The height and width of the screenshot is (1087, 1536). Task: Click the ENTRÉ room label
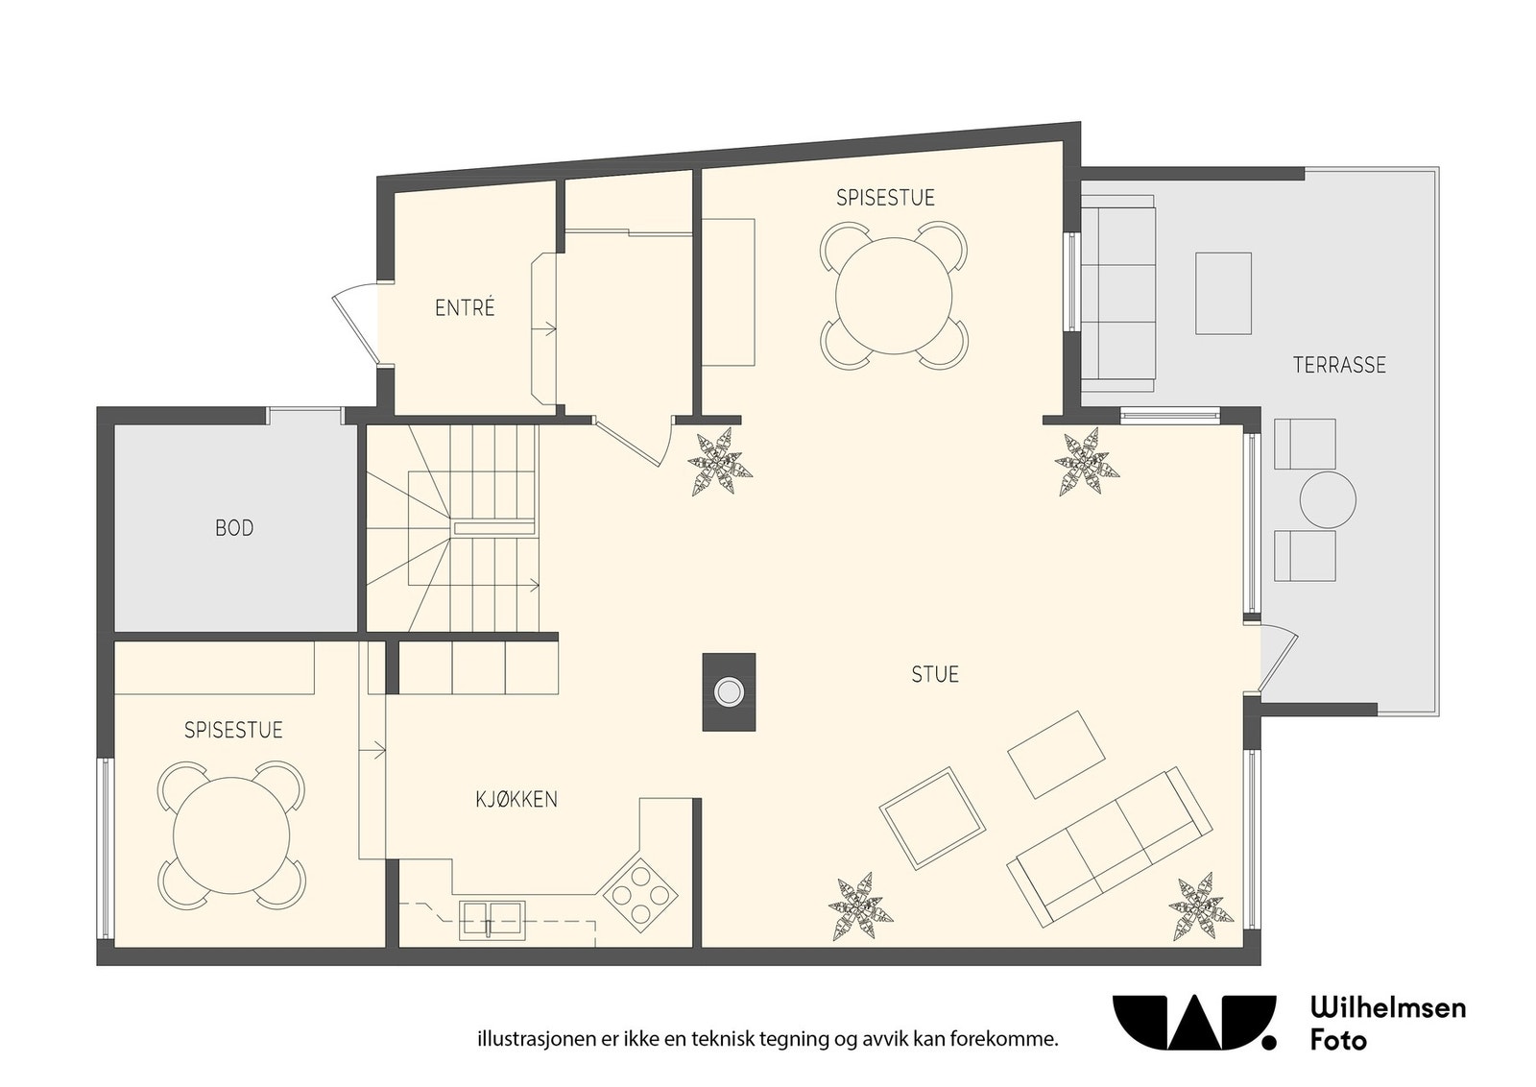(x=465, y=308)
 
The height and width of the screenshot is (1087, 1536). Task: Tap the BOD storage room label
(x=234, y=528)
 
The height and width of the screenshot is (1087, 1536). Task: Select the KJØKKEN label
(x=516, y=799)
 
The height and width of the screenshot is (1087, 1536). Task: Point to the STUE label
(x=935, y=675)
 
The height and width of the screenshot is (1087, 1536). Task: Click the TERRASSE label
(x=1339, y=365)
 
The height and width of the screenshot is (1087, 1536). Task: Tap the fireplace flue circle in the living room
(x=729, y=692)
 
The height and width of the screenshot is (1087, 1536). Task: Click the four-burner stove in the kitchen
(x=640, y=894)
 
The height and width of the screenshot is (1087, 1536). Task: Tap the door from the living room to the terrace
(x=1278, y=658)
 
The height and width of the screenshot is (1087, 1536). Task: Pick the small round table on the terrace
(x=1328, y=499)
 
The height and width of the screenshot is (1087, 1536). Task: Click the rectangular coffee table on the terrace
(x=1223, y=294)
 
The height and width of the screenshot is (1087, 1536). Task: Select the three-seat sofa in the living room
(x=1110, y=847)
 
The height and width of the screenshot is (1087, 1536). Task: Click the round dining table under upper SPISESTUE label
(x=894, y=296)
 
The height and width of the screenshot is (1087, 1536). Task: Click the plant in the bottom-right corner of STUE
(x=1201, y=906)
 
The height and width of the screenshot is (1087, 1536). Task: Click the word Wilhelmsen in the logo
(x=1388, y=1007)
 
